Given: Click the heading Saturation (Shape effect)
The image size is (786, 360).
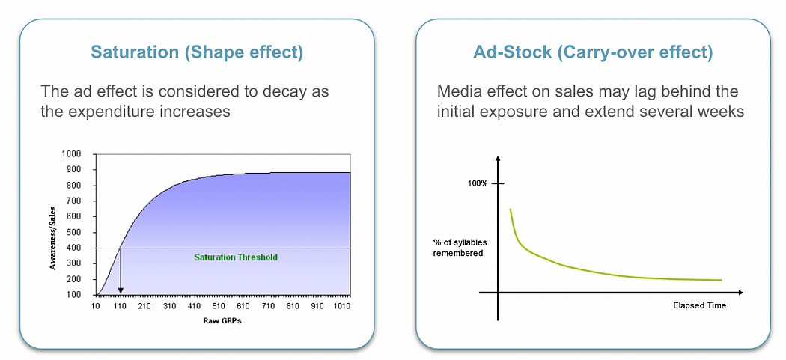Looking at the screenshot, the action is coord(196,52).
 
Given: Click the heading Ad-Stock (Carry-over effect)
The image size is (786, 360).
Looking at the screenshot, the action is coord(593,52).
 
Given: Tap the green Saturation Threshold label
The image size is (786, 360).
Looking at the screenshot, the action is coord(236,257).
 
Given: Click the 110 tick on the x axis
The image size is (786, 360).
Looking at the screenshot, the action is coord(121,305).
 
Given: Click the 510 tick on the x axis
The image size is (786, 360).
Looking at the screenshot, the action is coord(219,305).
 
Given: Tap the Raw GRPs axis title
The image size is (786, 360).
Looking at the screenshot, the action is coord(223,321).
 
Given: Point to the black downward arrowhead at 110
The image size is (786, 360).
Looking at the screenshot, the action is coord(121,290).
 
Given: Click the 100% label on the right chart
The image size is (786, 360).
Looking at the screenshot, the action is coord(478,183).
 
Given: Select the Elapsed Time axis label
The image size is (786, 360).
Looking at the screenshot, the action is coord(699,305).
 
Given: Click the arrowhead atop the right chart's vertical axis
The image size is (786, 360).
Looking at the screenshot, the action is coord(498,159).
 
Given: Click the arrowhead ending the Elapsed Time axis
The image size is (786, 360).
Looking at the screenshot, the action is coord(740,292).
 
